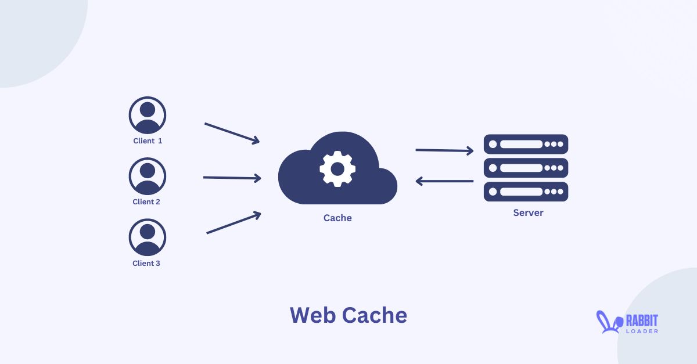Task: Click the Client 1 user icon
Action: (x=148, y=115)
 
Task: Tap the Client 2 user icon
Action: (x=148, y=176)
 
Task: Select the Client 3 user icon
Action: (x=148, y=237)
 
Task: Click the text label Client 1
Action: (x=148, y=140)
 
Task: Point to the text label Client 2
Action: (x=146, y=202)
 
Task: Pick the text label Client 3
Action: (x=146, y=263)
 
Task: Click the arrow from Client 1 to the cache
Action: (x=232, y=132)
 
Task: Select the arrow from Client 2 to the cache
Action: (x=232, y=178)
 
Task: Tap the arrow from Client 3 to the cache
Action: (x=233, y=224)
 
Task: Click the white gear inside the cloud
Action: (x=337, y=168)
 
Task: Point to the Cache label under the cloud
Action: (x=337, y=218)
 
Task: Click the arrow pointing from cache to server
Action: (x=444, y=150)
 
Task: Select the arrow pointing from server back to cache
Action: (x=444, y=181)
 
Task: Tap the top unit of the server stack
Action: (x=526, y=144)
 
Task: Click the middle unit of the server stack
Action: (x=526, y=168)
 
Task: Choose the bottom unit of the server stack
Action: (x=526, y=192)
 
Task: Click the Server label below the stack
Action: (x=528, y=213)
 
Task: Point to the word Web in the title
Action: (x=312, y=315)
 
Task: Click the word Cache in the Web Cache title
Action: (x=374, y=315)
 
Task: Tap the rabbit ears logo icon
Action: (x=605, y=322)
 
